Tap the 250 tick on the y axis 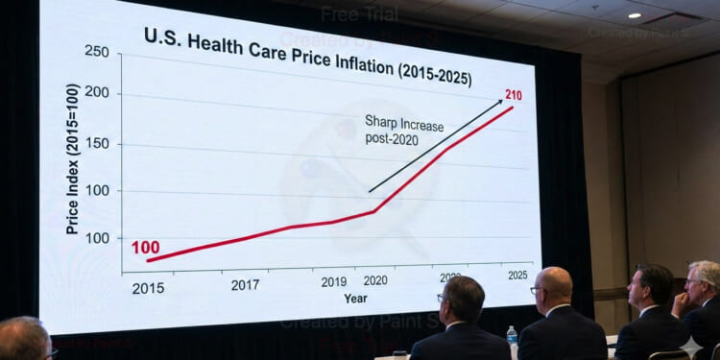click(97, 50)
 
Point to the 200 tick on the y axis click(97, 94)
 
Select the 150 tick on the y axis click(97, 143)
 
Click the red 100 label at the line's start click(145, 248)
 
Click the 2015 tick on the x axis click(148, 288)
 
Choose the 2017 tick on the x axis click(245, 284)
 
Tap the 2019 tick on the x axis click(333, 282)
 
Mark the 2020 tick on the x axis click(375, 281)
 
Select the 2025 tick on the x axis click(517, 276)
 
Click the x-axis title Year click(355, 298)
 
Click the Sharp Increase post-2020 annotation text click(396, 130)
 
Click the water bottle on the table click(512, 337)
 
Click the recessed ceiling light click(634, 15)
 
